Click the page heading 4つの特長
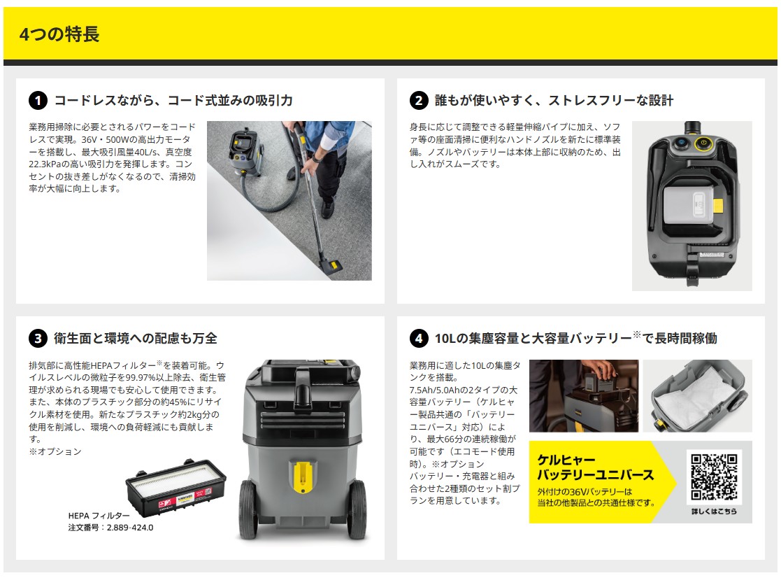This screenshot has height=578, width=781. (59, 34)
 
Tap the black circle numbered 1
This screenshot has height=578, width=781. (38, 101)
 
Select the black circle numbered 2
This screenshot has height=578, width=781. (419, 101)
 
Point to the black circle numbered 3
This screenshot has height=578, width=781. (38, 339)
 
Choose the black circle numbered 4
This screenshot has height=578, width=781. (419, 339)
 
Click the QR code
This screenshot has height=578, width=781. (714, 477)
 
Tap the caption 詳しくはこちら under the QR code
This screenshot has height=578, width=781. (714, 512)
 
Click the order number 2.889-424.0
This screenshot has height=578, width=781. (130, 527)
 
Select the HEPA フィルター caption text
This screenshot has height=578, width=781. (99, 515)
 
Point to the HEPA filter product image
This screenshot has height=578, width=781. (175, 488)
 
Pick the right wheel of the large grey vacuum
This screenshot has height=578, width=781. (357, 509)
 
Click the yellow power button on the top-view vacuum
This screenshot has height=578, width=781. (703, 143)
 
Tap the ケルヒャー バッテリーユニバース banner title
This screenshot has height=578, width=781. (595, 467)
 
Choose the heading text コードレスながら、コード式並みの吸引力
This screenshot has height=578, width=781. (173, 101)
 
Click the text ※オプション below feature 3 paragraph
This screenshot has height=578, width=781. (55, 451)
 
